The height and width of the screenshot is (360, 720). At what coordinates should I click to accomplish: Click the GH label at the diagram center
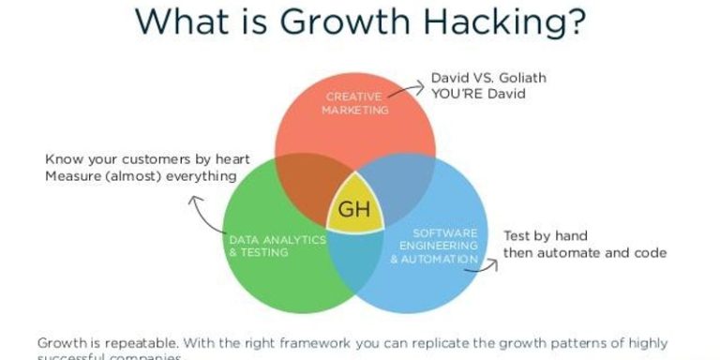(355, 209)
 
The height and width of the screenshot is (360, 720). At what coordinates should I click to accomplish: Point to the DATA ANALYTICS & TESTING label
(277, 246)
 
